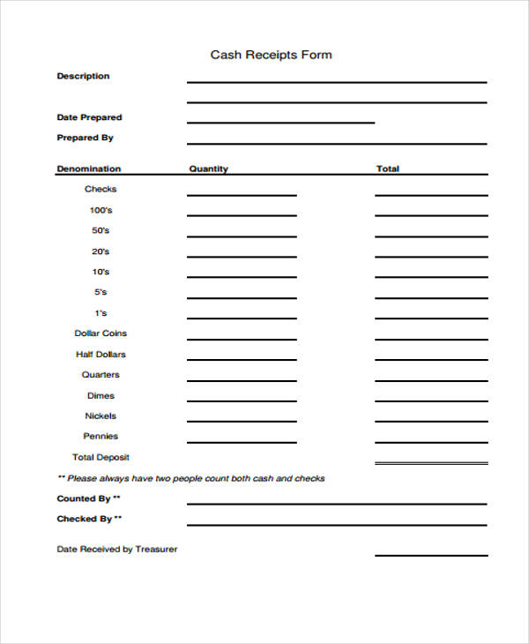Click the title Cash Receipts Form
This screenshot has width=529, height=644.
click(271, 55)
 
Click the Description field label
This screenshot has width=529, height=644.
click(83, 76)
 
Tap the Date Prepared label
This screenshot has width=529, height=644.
click(89, 117)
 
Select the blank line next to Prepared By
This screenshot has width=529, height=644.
click(336, 141)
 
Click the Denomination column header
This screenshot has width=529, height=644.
click(89, 168)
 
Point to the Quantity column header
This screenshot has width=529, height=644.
click(208, 168)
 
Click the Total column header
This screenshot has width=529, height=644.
click(387, 168)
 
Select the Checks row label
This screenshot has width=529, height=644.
click(100, 189)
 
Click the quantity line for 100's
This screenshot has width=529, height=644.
click(242, 213)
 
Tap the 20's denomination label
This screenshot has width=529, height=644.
click(101, 251)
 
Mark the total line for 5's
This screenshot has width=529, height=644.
click(430, 297)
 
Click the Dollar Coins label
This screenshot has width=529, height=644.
click(101, 333)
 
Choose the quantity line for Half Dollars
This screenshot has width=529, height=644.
click(242, 359)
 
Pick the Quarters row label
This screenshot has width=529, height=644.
click(101, 375)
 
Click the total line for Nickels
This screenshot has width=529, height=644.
click(430, 422)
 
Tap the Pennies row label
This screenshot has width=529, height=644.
click(101, 436)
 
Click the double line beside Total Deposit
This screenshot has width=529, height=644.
click(430, 463)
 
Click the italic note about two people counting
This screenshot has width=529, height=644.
click(190, 478)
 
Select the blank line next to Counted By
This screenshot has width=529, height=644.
click(336, 503)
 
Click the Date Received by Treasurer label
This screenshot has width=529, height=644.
click(117, 549)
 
